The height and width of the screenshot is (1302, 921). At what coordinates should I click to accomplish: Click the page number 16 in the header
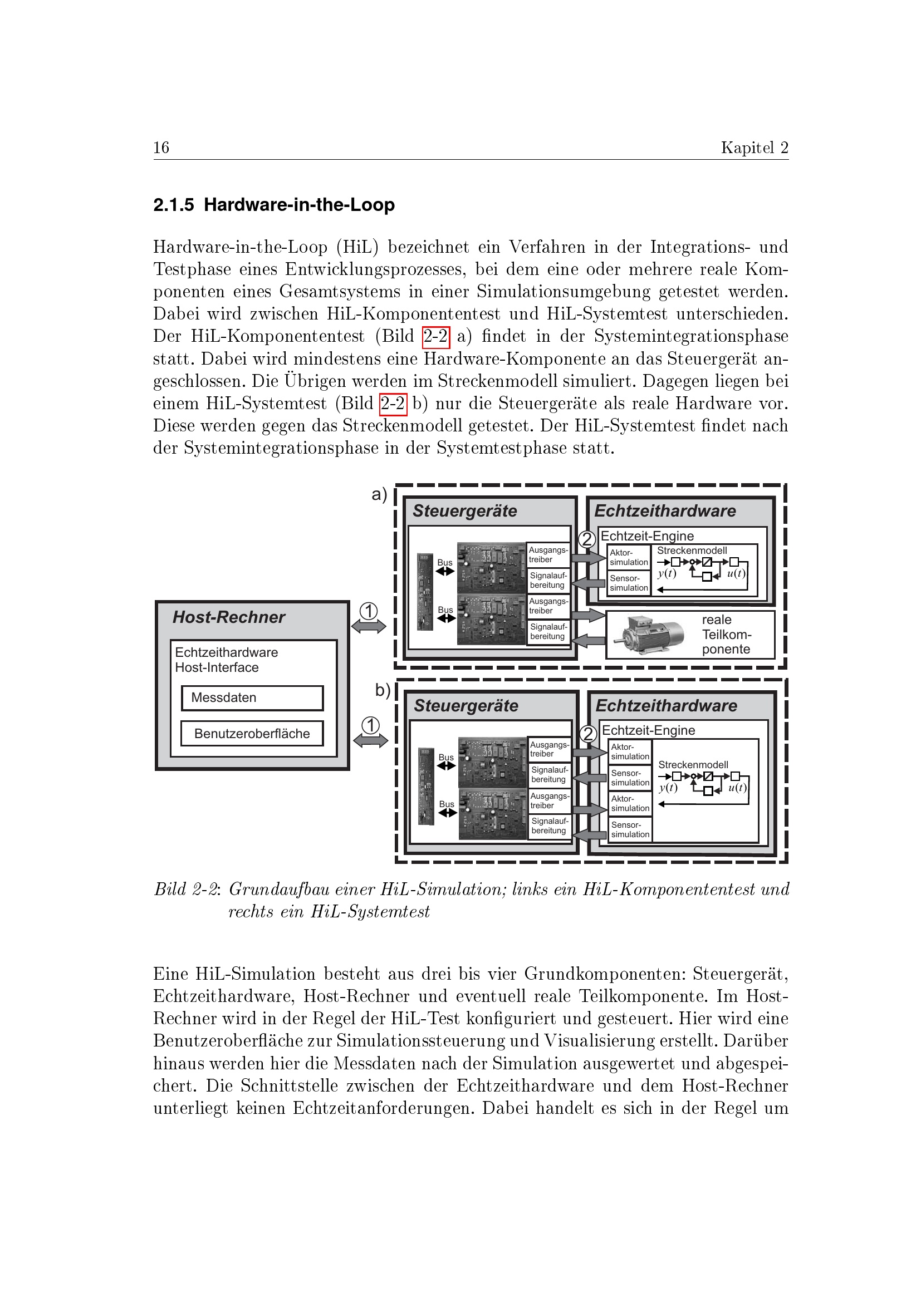(161, 148)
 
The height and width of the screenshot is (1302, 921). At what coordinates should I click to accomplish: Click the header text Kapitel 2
(755, 148)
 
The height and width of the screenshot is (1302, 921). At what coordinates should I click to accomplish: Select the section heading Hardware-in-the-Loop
(299, 205)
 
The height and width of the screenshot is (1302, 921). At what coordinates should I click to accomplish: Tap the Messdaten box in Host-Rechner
(252, 697)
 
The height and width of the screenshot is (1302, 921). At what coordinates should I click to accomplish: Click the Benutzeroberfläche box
(252, 733)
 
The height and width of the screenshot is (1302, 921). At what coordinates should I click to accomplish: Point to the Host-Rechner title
(228, 617)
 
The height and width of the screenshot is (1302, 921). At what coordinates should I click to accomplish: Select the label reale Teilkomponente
(726, 635)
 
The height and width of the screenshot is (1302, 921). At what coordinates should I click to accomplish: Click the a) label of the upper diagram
(379, 494)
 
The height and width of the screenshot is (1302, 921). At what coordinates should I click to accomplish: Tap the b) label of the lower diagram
(383, 690)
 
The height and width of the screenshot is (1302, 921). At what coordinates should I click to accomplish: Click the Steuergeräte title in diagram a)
(464, 511)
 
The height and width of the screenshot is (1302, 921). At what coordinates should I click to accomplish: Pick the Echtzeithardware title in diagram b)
(667, 705)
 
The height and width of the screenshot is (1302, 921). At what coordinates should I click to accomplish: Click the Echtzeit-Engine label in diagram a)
(647, 536)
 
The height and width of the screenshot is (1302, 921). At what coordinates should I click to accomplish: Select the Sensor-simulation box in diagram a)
(629, 583)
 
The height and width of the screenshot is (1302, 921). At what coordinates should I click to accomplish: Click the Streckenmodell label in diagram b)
(693, 764)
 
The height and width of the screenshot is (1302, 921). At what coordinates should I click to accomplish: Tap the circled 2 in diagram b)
(588, 734)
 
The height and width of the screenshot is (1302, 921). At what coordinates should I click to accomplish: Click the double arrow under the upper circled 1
(369, 626)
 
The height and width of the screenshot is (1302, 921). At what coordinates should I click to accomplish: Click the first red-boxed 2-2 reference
(435, 336)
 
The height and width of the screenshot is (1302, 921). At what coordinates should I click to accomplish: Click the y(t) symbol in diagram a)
(667, 573)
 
